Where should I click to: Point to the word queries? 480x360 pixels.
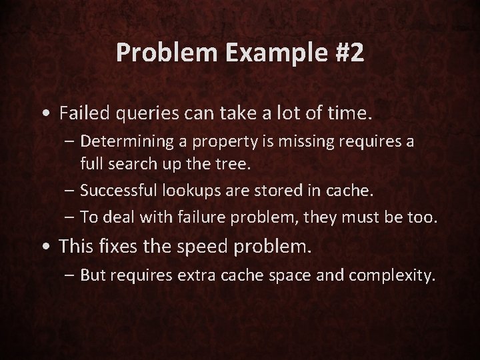140,114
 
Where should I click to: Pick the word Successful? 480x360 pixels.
115,191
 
